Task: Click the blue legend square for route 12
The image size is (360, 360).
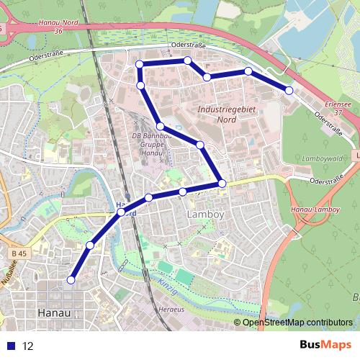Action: tap(12, 346)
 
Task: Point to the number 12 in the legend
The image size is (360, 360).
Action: tap(28, 346)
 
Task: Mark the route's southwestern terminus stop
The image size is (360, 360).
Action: tap(71, 279)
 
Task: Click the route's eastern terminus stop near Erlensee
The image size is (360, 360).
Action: tap(289, 91)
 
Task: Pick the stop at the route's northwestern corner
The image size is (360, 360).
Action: tap(140, 66)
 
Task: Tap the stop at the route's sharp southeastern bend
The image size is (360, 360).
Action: tap(222, 184)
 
